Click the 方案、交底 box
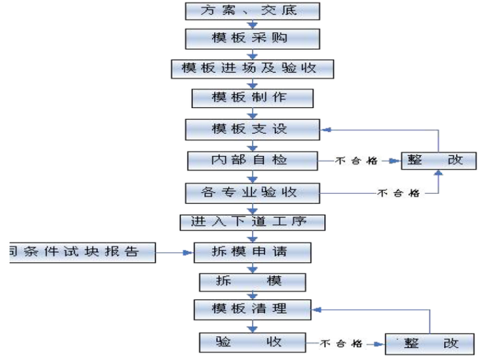252,11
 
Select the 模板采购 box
252,39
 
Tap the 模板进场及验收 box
252,68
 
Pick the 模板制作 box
252,98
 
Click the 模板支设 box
252,129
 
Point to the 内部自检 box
252,160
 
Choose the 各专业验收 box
252,191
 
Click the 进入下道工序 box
252,222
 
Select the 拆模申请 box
252,252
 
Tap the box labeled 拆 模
252,282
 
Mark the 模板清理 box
252,309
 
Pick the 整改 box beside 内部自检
435,160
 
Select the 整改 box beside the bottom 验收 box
430,344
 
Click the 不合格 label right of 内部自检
357,161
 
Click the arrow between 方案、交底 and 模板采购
253,24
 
